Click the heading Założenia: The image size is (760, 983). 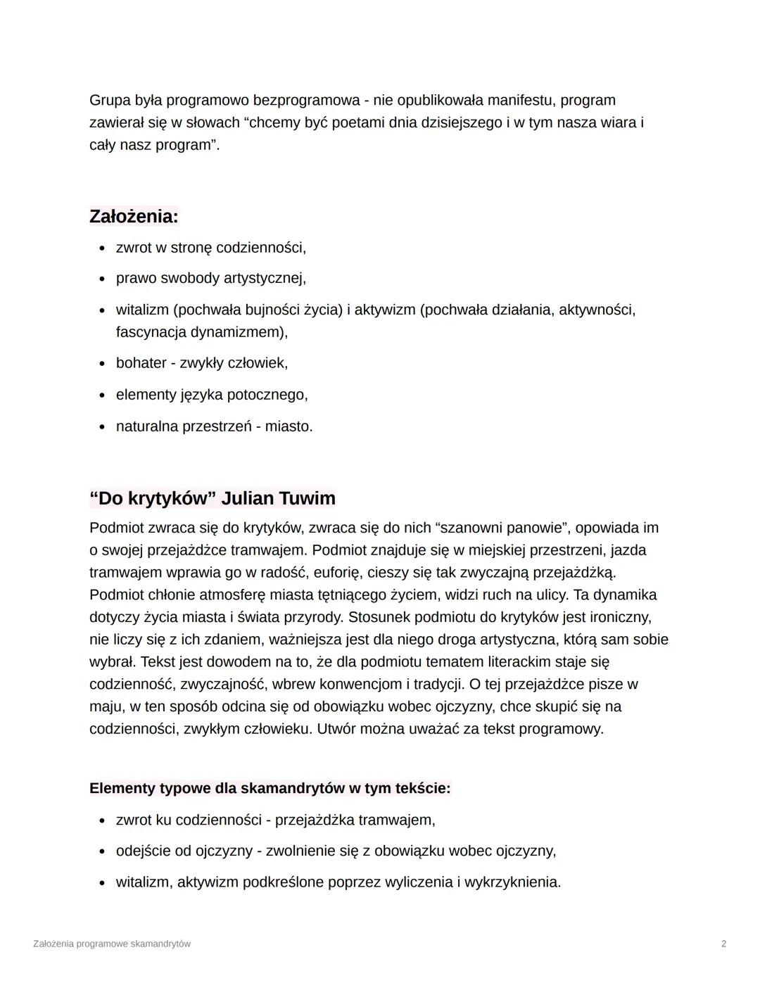[x=134, y=216]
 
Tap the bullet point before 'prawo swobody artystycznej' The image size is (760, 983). [x=102, y=279]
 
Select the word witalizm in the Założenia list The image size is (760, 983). [x=142, y=310]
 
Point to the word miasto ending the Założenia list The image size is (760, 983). [x=289, y=426]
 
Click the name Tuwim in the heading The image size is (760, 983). [x=307, y=498]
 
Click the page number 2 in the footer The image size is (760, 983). [x=724, y=944]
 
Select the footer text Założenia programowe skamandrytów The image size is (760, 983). [x=112, y=944]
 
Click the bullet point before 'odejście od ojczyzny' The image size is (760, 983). [x=102, y=852]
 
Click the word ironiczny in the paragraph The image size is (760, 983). [x=616, y=617]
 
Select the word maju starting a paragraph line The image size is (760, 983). [x=105, y=706]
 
